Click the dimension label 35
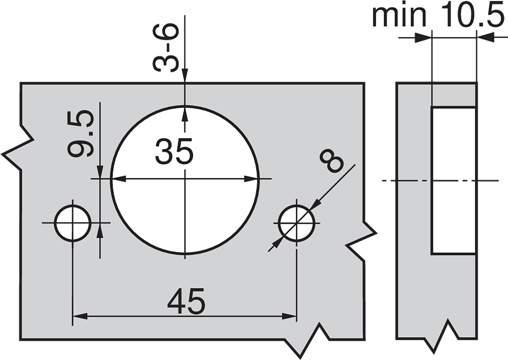point(174,151)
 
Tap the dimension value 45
point(186,301)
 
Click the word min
point(399,16)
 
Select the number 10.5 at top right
point(470,15)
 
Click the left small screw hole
point(73,223)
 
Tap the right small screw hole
point(297,223)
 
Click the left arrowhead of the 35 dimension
point(118,178)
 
